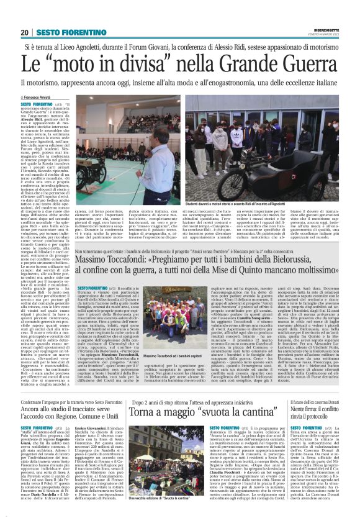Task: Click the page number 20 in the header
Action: coord(24,32)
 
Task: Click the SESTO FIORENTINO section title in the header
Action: coord(64,32)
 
